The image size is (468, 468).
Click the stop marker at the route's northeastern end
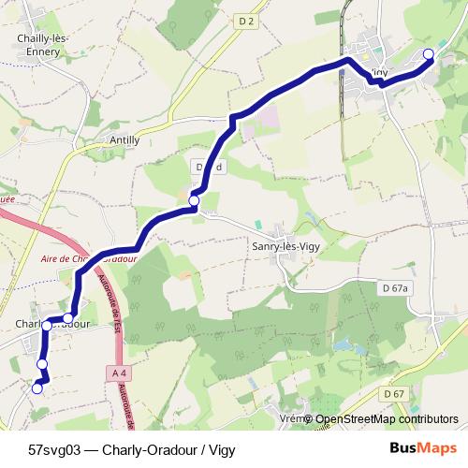click(429, 54)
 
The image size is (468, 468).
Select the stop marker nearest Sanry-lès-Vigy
click(194, 201)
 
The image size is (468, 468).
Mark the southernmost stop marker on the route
click(37, 388)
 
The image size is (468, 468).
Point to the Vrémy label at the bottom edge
click(294, 419)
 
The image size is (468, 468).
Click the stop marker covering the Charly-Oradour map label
click(46, 325)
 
